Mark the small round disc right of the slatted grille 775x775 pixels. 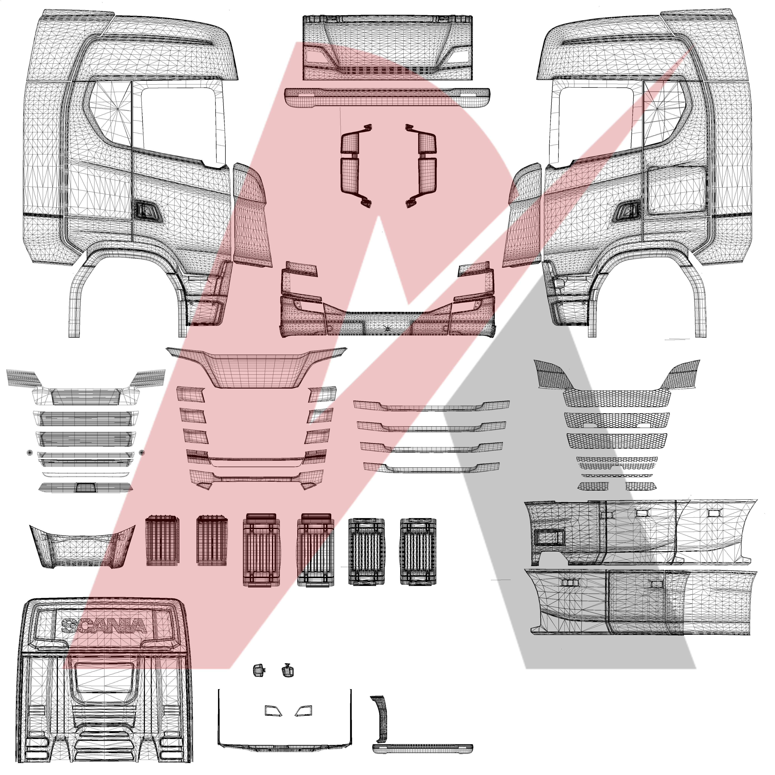click(x=141, y=452)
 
